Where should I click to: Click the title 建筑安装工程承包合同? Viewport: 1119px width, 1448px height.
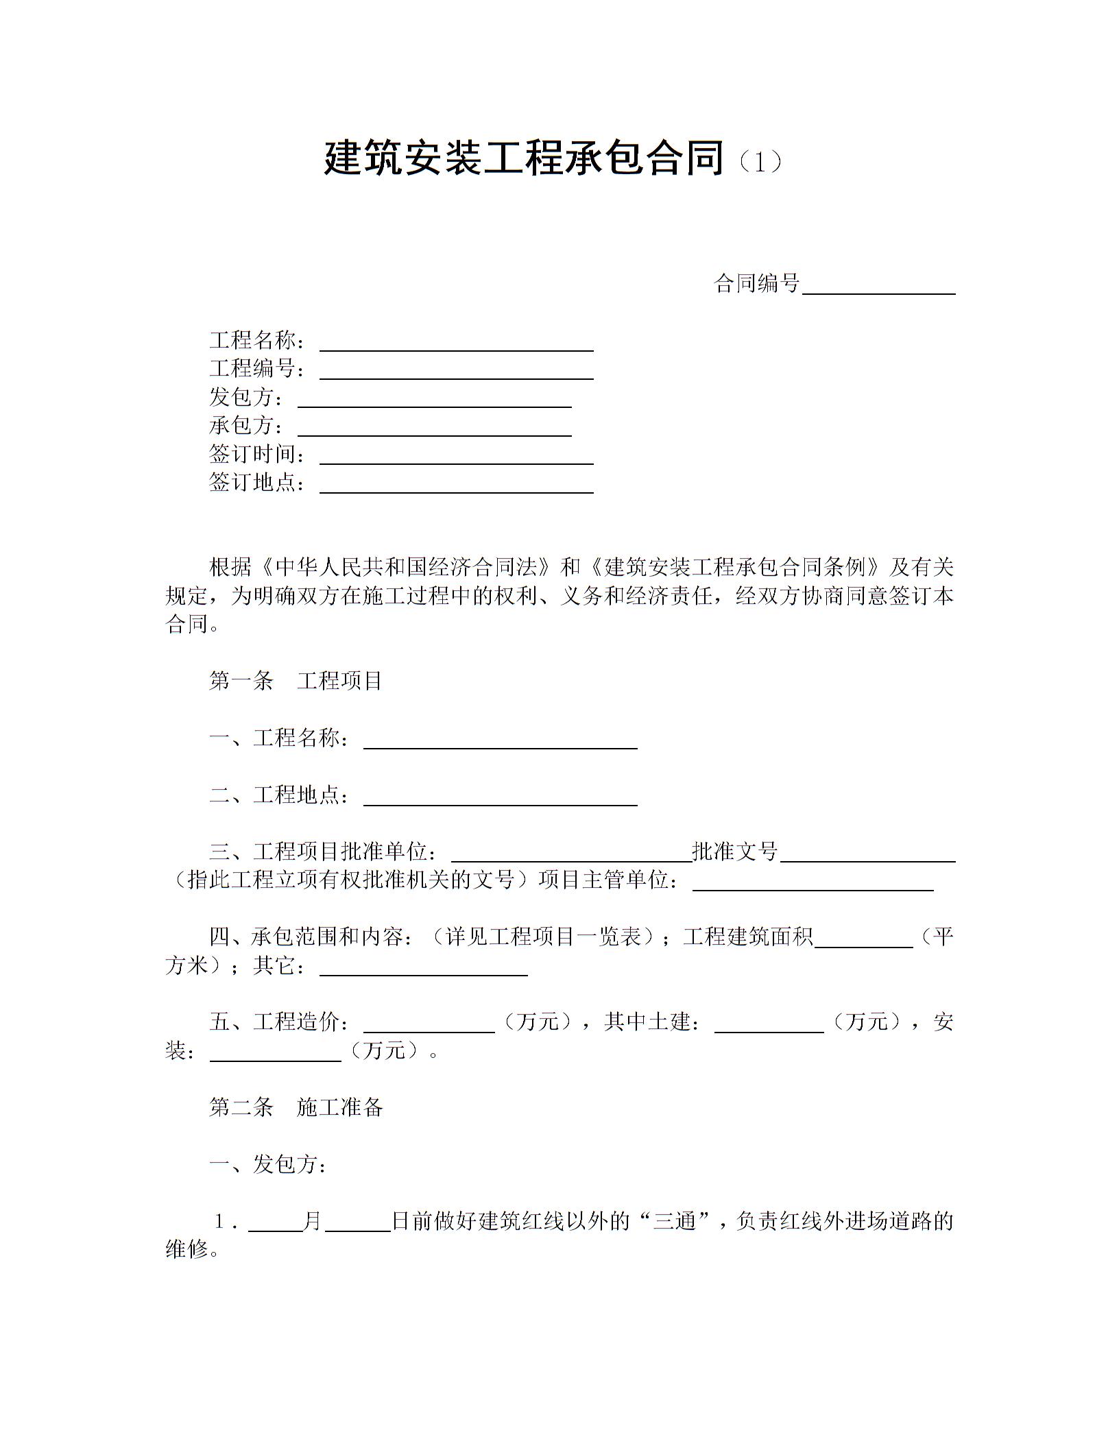(x=524, y=158)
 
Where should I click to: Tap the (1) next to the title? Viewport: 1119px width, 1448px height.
(x=758, y=162)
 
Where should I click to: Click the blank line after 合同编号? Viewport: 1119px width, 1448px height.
(x=878, y=287)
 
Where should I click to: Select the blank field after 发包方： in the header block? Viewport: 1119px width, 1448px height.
(x=434, y=400)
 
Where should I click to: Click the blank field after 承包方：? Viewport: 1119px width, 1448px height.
(x=434, y=429)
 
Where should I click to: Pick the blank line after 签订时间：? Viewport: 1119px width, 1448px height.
(x=456, y=457)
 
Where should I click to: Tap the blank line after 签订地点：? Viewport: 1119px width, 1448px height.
(x=456, y=485)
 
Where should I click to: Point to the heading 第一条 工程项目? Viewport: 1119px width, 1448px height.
(x=296, y=681)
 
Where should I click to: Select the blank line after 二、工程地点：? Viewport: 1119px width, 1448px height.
(x=500, y=798)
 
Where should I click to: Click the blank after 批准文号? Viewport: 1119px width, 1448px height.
(x=867, y=854)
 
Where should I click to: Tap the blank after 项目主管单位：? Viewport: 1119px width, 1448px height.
(x=813, y=883)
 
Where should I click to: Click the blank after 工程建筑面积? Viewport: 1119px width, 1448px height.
(x=863, y=939)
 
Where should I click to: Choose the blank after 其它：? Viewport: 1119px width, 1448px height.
(x=423, y=968)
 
